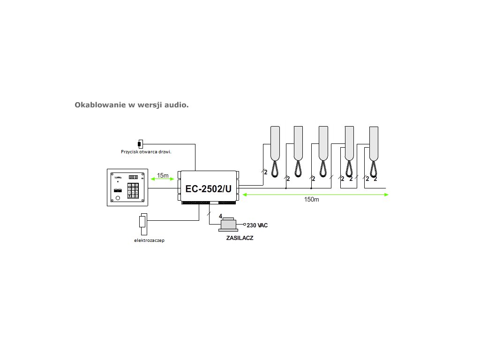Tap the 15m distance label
pos(163,175)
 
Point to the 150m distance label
pos(311,200)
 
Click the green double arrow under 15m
pos(162,180)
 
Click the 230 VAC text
pos(257,225)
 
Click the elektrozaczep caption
pos(149,240)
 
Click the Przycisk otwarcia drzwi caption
pos(145,151)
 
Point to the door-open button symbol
pos(140,143)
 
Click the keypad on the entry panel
pos(134,191)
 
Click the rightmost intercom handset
pos(373,143)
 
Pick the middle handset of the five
pos(323,143)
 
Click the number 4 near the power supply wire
pos(220,216)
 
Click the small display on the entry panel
pos(133,177)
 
